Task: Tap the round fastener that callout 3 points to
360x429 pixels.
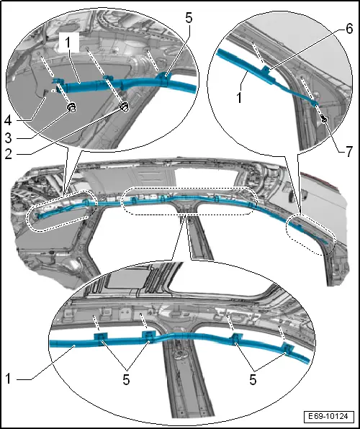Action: click(73, 108)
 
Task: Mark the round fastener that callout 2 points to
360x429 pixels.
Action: click(122, 108)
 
